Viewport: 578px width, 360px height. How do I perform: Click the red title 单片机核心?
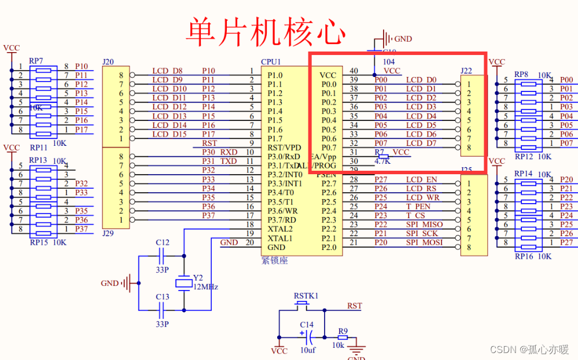pyautogui.click(x=266, y=31)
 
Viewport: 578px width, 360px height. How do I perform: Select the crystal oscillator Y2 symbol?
pyautogui.click(x=183, y=283)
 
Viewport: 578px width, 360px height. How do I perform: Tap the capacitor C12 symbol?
pyautogui.click(x=163, y=255)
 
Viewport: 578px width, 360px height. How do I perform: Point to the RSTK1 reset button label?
pyautogui.click(x=305, y=296)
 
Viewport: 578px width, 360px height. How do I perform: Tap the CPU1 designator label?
pyautogui.click(x=271, y=62)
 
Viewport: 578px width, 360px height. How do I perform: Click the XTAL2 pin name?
pyautogui.click(x=280, y=229)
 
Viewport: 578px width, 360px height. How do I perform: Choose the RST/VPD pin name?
pyautogui.click(x=284, y=148)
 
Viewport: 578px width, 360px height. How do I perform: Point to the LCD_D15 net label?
pyautogui.click(x=170, y=134)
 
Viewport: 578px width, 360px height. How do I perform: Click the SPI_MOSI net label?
pyautogui.click(x=424, y=243)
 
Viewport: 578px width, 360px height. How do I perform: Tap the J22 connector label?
pyautogui.click(x=466, y=71)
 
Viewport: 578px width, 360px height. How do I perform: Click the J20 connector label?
pyautogui.click(x=108, y=62)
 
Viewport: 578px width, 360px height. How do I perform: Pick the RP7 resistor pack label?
pyautogui.click(x=36, y=61)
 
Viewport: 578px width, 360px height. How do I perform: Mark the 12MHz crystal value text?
pyautogui.click(x=205, y=286)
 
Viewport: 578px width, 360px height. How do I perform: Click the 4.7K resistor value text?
pyautogui.click(x=382, y=161)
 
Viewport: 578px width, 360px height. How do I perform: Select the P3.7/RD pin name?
pyautogui.click(x=281, y=220)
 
